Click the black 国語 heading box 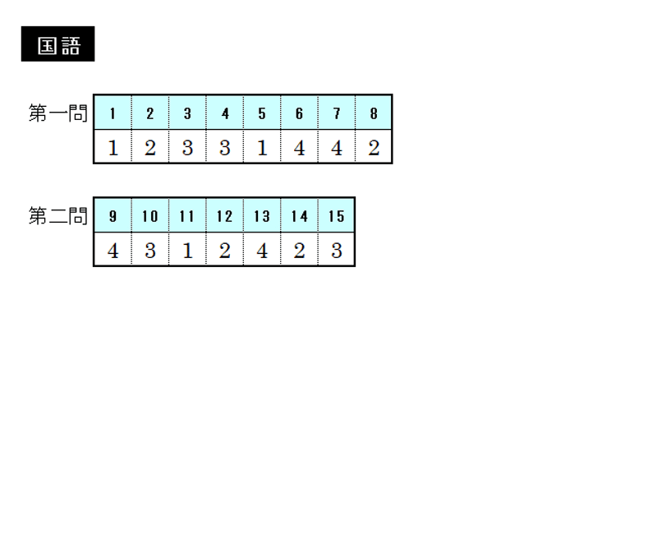[57, 44]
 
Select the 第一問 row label [57, 113]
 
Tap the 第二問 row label [57, 216]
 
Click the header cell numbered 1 [113, 113]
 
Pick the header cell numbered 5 [262, 113]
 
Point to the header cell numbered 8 [374, 113]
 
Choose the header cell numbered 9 [113, 215]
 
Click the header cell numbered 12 [224, 215]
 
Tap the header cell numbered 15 [337, 215]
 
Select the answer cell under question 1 [113, 146]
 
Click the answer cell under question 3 [187, 146]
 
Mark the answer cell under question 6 [299, 146]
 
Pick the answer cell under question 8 [374, 146]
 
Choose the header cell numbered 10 [150, 215]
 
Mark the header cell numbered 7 [337, 113]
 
